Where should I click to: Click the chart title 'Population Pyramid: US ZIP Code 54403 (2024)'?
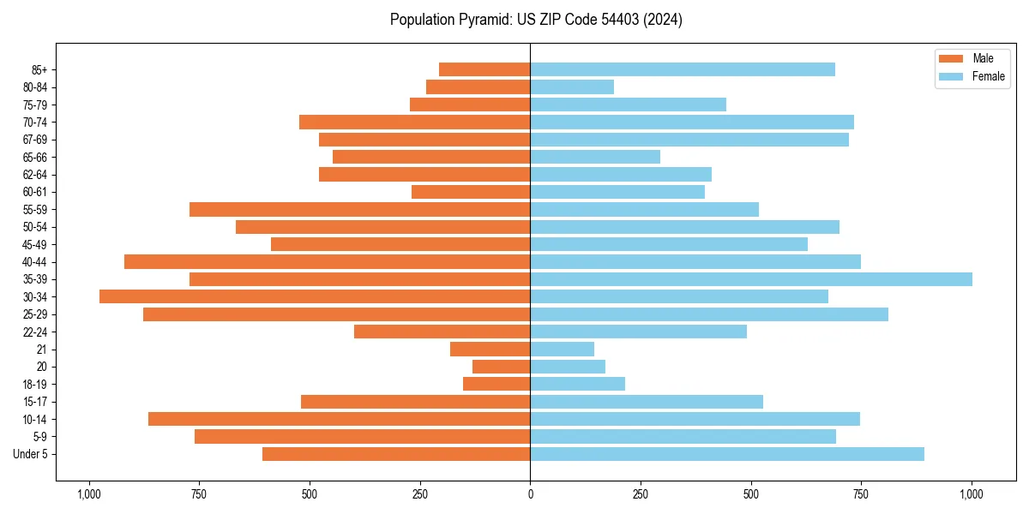(536, 20)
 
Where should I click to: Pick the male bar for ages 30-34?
(315, 296)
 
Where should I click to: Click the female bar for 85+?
(683, 69)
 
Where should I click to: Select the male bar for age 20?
(501, 367)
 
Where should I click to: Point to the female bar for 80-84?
(572, 87)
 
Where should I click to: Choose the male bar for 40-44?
(327, 261)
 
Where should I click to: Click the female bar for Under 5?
(727, 454)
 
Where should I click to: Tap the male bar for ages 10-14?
(339, 419)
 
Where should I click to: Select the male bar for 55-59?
(359, 209)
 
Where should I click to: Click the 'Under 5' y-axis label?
(31, 454)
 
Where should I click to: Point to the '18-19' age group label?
(35, 384)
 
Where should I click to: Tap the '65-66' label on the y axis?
(35, 157)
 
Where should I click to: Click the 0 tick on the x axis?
(530, 494)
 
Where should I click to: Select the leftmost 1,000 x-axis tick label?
(88, 494)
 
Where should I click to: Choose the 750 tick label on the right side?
(861, 494)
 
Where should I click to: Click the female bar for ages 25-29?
(709, 314)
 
